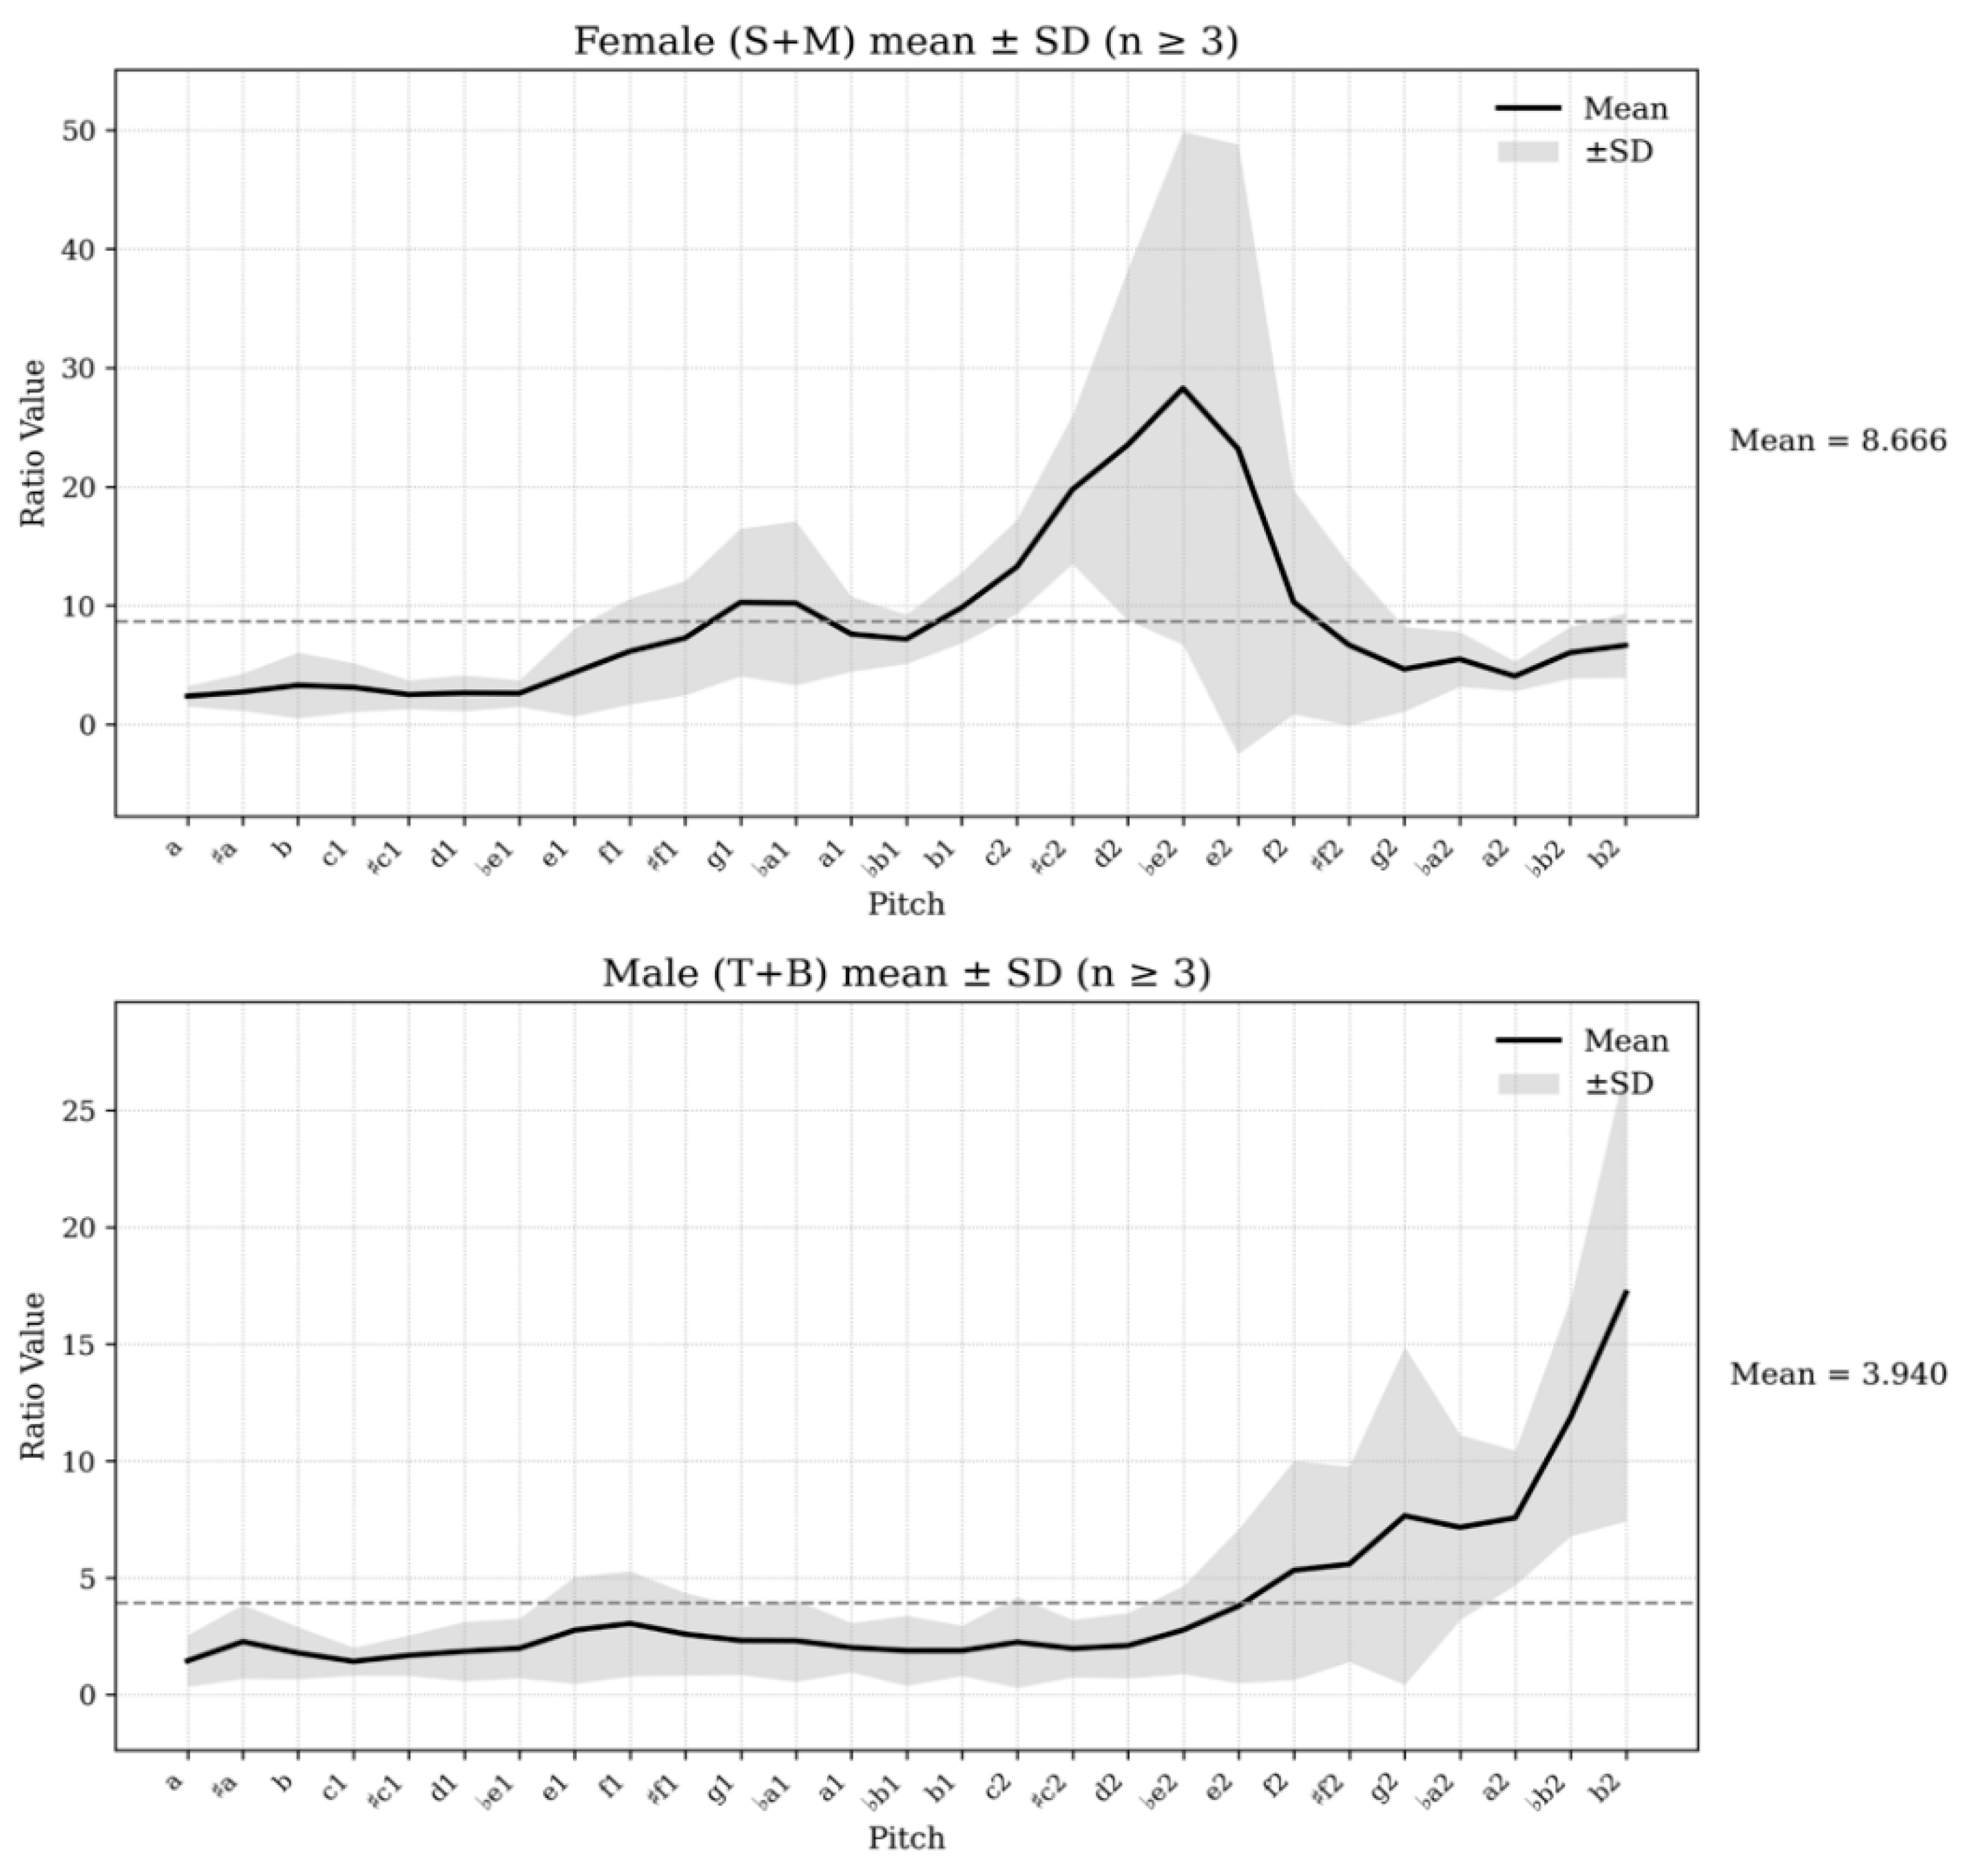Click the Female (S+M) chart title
pyautogui.click(x=905, y=42)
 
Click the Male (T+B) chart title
pyautogui.click(x=905, y=973)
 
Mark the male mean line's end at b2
pyautogui.click(x=1626, y=1291)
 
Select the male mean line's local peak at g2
pyautogui.click(x=1404, y=1515)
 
